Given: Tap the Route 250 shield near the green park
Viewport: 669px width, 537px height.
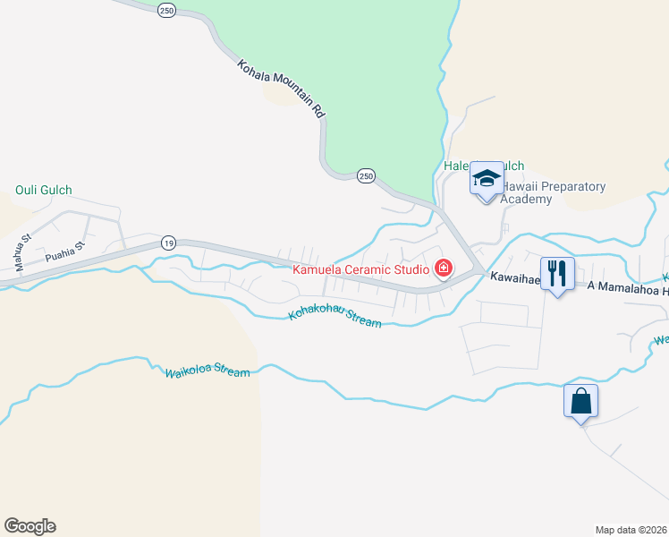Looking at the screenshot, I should [366, 176].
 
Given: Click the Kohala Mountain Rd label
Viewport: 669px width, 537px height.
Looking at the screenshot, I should [281, 89].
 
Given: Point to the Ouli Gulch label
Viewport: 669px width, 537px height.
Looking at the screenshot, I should [44, 190].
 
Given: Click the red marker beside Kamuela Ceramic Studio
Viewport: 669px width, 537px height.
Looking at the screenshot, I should [443, 268].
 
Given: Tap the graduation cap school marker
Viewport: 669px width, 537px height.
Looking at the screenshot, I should [487, 179].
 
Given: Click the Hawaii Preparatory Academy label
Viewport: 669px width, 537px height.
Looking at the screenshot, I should [553, 192].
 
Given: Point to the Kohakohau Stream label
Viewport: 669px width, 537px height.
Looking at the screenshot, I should [335, 318].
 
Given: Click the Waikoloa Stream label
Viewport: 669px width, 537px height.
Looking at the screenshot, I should [207, 371].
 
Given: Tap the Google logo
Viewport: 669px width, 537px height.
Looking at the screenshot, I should [30, 526].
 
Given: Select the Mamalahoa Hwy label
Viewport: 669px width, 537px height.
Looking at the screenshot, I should [626, 285].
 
